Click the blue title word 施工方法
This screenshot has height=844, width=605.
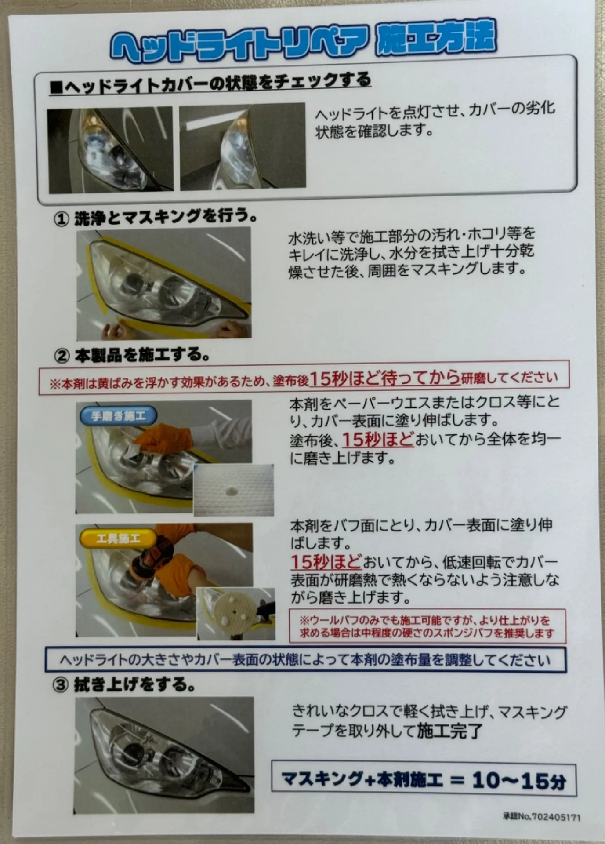click(436, 39)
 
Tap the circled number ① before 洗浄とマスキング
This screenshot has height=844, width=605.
click(62, 218)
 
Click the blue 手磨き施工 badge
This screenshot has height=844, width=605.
click(118, 416)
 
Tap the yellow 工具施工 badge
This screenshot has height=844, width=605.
click(118, 538)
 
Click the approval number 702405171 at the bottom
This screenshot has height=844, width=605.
click(555, 817)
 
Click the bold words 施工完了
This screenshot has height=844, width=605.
click(449, 731)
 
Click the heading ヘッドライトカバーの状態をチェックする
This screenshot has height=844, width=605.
click(211, 84)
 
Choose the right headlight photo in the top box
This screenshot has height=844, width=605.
click(243, 147)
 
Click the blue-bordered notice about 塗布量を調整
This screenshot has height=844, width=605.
click(305, 660)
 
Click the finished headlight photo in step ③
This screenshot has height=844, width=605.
click(164, 755)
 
